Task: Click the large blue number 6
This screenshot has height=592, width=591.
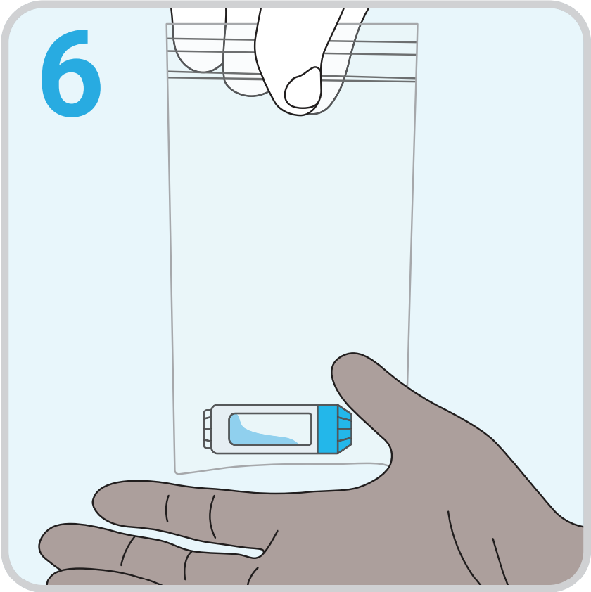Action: pos(70,74)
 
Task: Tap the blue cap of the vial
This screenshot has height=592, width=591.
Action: pos(334,429)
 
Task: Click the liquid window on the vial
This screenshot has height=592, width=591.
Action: pos(269,429)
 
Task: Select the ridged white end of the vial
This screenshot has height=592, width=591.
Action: pos(208,429)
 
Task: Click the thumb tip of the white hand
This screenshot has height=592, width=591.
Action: pos(303,91)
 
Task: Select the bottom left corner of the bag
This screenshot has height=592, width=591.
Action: pos(177,472)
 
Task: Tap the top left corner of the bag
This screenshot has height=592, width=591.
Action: pos(167,24)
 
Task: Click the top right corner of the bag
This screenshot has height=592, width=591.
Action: pos(417,24)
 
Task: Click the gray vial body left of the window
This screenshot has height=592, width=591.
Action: pos(220,429)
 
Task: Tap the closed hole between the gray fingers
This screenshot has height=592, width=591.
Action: pos(189,539)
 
